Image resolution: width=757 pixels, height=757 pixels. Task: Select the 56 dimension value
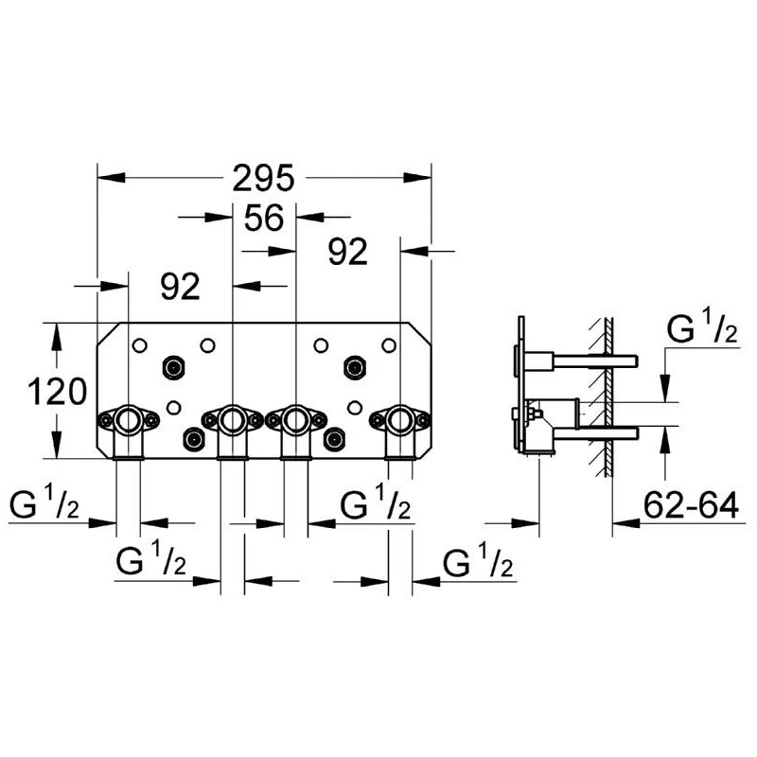point(264,219)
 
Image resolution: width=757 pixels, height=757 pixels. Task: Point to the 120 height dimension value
point(57,390)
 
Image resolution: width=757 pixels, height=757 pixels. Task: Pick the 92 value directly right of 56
point(347,252)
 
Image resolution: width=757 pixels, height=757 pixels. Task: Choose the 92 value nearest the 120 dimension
point(180,286)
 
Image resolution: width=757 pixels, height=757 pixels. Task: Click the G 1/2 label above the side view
point(702,331)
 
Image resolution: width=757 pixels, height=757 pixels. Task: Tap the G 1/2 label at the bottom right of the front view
point(478,565)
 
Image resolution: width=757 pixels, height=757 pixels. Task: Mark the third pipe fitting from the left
point(295,417)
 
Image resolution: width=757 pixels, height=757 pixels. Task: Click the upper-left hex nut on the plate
point(173,366)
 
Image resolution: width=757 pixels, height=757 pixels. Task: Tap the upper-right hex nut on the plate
point(355,366)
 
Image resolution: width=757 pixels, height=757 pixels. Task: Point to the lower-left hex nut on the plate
point(195,440)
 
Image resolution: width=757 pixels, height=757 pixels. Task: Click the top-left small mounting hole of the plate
point(140,344)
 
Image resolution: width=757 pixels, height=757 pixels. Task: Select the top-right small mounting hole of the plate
point(388,344)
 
